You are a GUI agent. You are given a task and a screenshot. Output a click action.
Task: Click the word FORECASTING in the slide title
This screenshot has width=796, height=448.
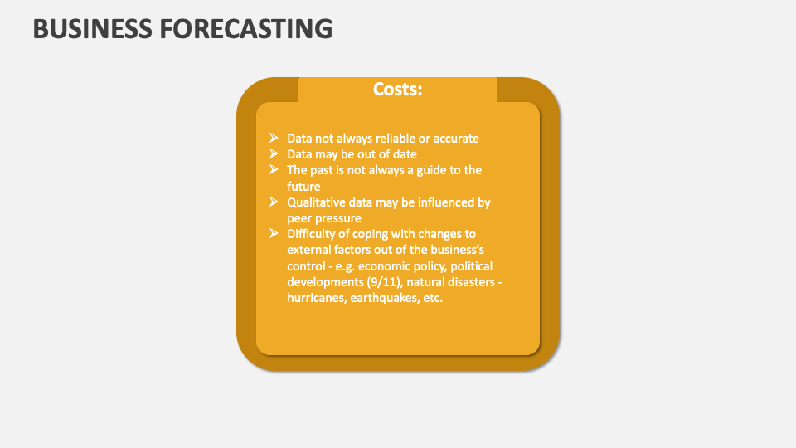click(246, 28)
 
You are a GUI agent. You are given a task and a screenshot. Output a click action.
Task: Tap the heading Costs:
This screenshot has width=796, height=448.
click(397, 90)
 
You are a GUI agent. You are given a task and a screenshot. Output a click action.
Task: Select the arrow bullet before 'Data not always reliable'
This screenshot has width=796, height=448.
click(274, 139)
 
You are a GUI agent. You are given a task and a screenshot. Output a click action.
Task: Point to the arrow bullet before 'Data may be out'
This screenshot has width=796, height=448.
click(274, 154)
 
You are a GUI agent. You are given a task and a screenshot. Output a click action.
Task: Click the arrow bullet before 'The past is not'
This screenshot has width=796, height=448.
click(274, 170)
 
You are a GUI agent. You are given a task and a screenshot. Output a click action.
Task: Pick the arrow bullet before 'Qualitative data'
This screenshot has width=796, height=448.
click(274, 202)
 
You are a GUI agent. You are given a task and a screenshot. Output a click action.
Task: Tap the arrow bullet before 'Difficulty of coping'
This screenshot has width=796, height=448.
click(274, 234)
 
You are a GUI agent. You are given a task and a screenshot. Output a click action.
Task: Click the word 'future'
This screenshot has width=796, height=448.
click(303, 187)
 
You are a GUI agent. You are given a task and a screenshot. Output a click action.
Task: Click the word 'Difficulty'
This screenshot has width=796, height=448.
click(312, 234)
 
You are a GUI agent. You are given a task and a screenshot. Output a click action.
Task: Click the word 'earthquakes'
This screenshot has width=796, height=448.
click(382, 298)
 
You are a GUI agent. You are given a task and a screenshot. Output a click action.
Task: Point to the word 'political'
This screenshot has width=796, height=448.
click(469, 266)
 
